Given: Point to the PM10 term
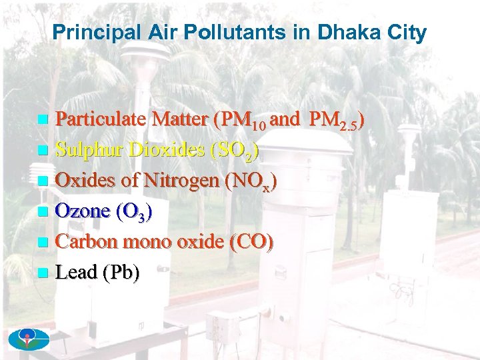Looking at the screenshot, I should (x=241, y=121).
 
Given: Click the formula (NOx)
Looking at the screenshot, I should (x=252, y=182).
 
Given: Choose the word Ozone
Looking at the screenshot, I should (x=83, y=212).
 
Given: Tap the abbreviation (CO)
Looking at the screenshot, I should (x=251, y=243).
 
